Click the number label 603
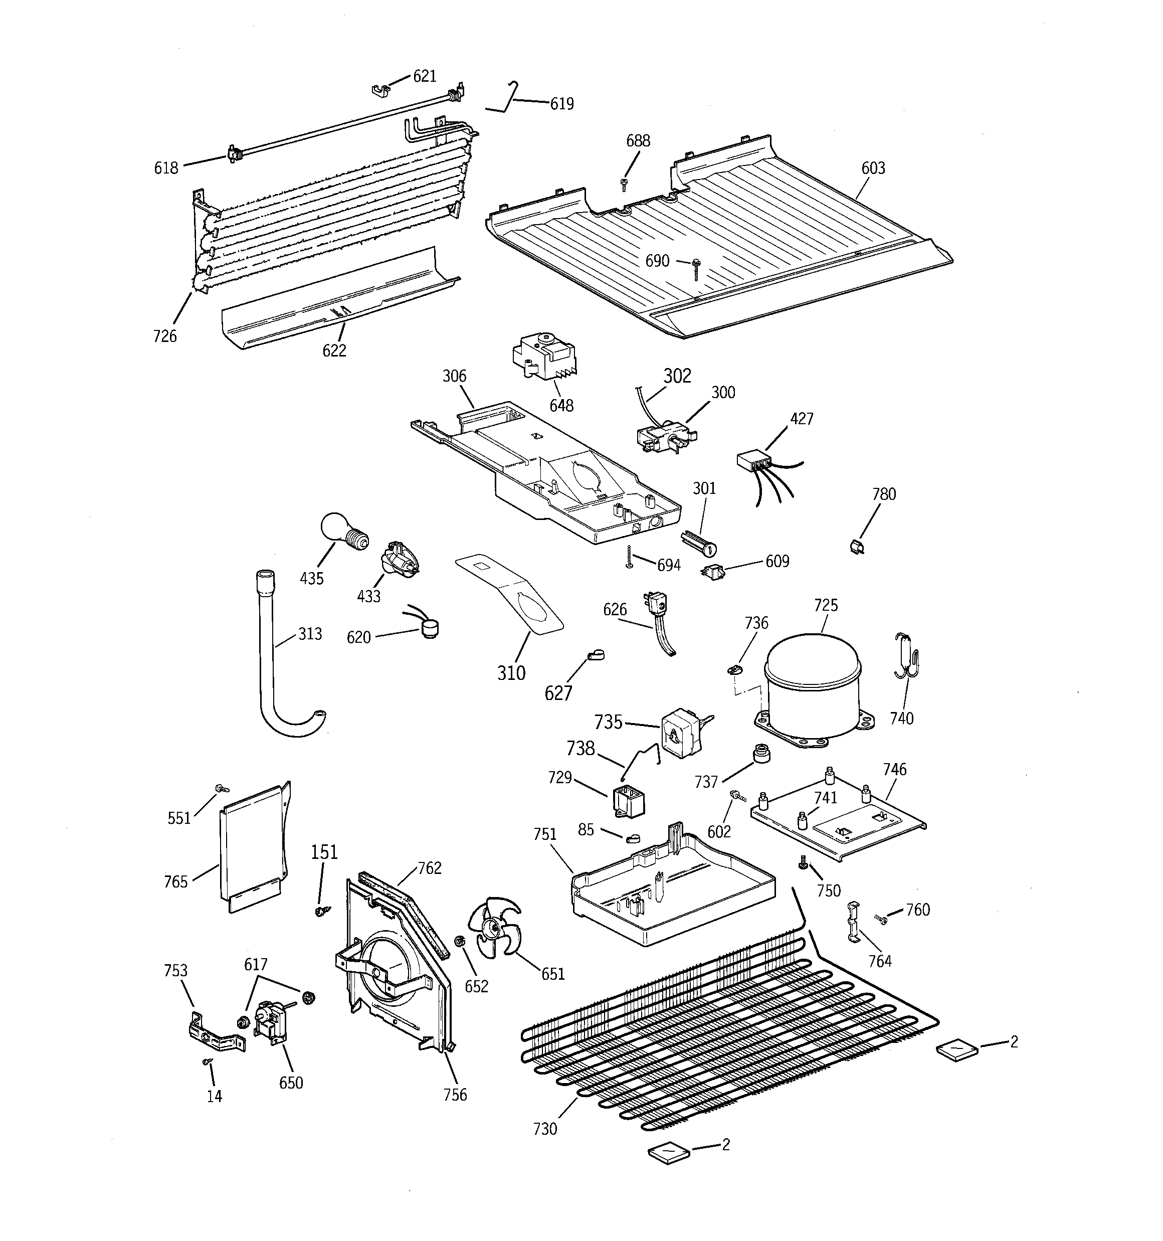[872, 168]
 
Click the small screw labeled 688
[624, 184]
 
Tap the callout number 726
[165, 336]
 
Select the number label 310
[511, 673]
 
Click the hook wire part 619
[511, 100]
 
